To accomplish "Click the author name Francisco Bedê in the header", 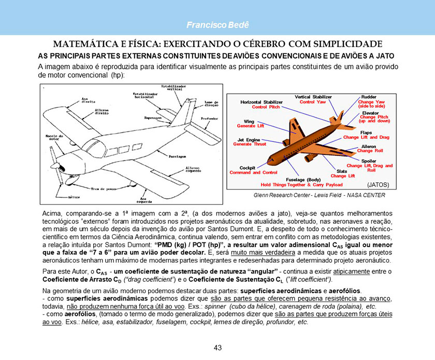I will coord(218,25).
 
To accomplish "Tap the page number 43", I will coord(218,348).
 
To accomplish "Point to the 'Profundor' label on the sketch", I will coord(209,119).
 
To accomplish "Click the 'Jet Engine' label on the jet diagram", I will coord(249,140).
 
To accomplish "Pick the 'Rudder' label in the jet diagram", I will coord(369,97).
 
